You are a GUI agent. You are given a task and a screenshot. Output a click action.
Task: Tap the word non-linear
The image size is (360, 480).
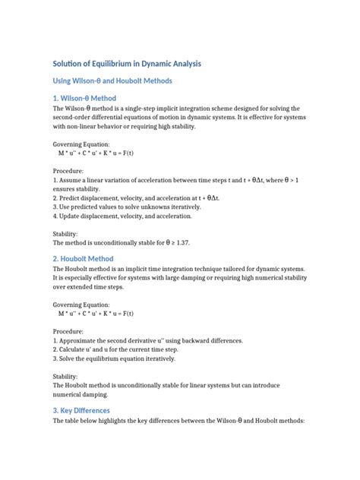point(84,127)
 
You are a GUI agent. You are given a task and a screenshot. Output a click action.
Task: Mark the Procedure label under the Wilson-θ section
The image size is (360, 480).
point(71,172)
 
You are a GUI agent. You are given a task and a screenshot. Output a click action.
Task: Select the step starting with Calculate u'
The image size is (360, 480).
point(115,350)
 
